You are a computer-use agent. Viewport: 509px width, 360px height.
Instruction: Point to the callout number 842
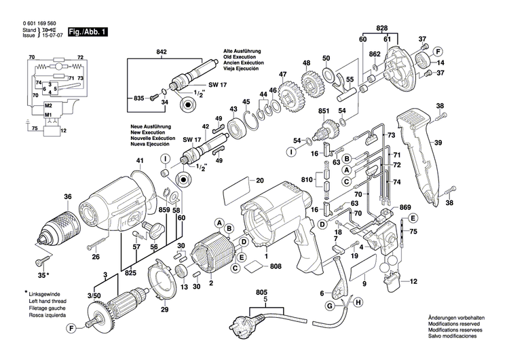[161, 52]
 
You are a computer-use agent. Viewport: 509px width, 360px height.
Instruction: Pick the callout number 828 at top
[382, 28]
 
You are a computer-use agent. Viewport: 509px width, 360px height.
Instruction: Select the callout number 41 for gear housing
[140, 161]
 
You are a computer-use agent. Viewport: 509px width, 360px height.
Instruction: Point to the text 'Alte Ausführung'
[243, 52]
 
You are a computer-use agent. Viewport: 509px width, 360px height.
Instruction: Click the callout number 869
[405, 206]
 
